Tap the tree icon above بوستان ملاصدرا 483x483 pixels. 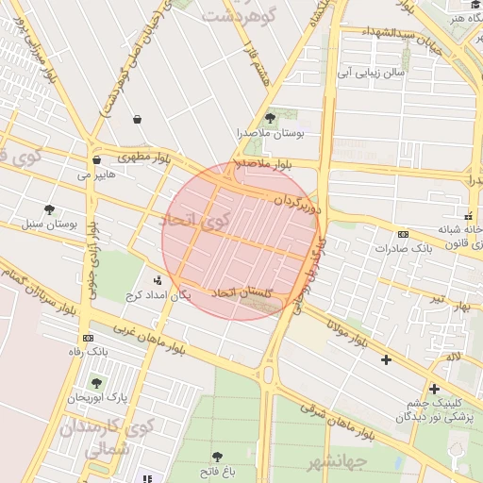point(271,118)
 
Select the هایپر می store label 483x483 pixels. point(97,175)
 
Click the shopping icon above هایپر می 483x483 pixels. point(96,159)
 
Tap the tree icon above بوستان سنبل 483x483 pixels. point(49,209)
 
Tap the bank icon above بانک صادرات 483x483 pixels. point(403,234)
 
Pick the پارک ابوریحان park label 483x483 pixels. point(97,399)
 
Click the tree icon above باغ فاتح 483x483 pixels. point(218,456)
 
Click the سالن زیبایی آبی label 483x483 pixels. point(375,71)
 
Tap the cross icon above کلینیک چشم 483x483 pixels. point(434,388)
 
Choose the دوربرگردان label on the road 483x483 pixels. point(298,202)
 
